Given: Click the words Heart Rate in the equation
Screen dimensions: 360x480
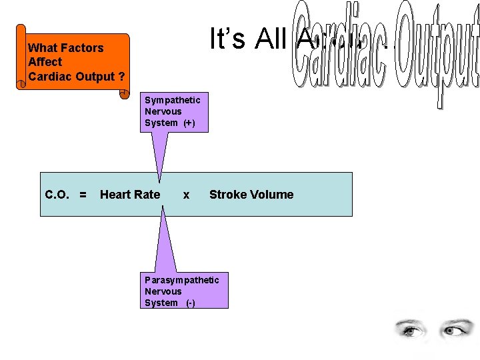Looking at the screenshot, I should point(130,195).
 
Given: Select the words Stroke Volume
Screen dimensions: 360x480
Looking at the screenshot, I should point(251,195).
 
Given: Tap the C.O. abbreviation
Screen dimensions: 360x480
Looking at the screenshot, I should point(58,195).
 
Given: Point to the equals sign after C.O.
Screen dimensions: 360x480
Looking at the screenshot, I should point(83,195).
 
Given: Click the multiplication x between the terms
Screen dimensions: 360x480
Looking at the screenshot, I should point(186,195).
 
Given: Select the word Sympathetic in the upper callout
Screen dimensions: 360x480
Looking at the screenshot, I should point(172,100).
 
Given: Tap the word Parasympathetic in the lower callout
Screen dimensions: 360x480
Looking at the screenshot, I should point(181,280).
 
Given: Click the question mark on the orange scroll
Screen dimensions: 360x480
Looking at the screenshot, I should point(121,76).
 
